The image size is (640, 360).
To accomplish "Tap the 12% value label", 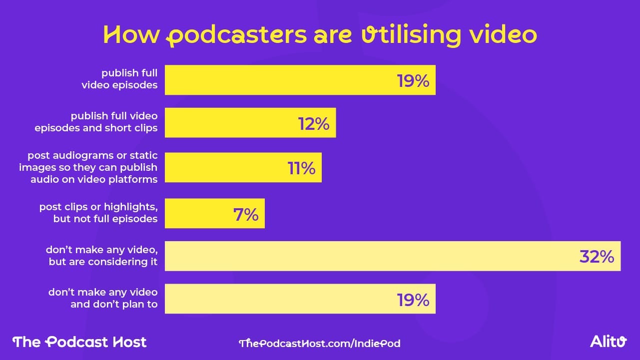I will click(x=314, y=123).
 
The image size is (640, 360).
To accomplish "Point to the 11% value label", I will click(x=301, y=168).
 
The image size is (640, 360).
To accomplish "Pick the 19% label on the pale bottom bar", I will click(x=413, y=300).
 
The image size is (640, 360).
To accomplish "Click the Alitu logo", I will click(x=608, y=342).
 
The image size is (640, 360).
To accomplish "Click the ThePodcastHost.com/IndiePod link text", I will click(x=320, y=343).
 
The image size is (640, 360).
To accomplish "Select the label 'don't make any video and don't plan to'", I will click(x=103, y=298).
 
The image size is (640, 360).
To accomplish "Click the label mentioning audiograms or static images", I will click(x=89, y=168).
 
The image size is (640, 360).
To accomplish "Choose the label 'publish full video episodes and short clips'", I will click(x=96, y=122).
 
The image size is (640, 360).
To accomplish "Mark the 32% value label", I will click(x=597, y=257).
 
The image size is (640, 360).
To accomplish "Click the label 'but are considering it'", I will click(x=103, y=261).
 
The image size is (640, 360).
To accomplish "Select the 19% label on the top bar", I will click(x=413, y=80).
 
